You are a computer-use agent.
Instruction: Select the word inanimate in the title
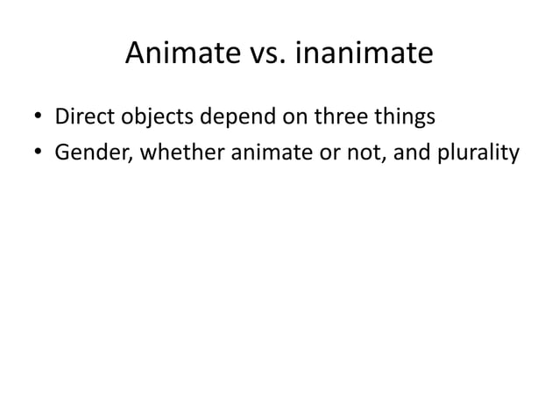[x=366, y=54]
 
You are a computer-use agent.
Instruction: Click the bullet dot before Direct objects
[x=39, y=118]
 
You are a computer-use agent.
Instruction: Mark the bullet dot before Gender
[x=39, y=153]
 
